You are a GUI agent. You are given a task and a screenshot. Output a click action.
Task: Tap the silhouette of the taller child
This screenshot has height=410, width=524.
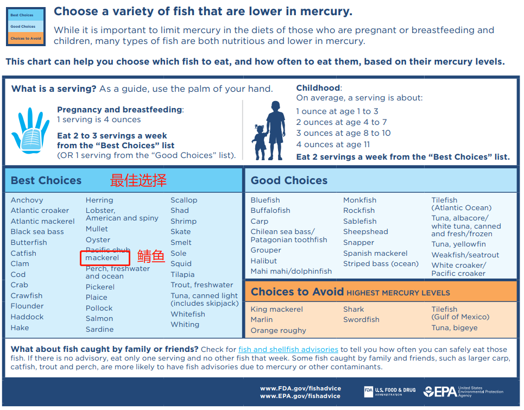(x=276, y=130)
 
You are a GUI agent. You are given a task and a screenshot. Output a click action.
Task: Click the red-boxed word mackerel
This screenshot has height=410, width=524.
(x=102, y=257)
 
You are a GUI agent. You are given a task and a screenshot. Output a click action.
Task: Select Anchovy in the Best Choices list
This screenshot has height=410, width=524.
(x=27, y=200)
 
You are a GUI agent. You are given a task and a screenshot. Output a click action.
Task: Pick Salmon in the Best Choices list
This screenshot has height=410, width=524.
(x=99, y=318)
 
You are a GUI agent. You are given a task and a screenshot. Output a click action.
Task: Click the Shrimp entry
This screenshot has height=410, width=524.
(x=184, y=221)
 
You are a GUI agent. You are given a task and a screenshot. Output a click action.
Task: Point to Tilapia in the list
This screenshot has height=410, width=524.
(x=182, y=275)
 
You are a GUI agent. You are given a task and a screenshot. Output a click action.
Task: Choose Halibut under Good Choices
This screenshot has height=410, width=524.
(x=264, y=261)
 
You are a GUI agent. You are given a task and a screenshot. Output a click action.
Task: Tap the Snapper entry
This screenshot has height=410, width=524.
(x=358, y=243)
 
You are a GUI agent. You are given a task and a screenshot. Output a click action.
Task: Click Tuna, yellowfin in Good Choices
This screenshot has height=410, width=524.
(x=458, y=244)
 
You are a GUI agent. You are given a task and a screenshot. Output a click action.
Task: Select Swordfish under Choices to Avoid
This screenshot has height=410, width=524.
(x=361, y=320)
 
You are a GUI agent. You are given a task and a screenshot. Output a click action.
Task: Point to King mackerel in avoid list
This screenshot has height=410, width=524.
(x=277, y=310)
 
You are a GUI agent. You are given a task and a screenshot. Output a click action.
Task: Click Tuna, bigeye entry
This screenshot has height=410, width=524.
(x=454, y=328)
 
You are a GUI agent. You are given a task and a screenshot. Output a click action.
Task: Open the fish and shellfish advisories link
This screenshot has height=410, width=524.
(x=288, y=350)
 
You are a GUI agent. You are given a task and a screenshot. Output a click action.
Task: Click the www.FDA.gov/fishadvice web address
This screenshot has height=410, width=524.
(x=300, y=388)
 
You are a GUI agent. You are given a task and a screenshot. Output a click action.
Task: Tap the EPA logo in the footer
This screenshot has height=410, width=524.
(x=463, y=392)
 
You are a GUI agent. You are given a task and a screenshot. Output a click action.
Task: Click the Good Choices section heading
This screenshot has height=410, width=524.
(x=289, y=180)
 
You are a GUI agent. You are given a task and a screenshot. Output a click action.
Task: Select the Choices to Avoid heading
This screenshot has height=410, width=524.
(x=297, y=292)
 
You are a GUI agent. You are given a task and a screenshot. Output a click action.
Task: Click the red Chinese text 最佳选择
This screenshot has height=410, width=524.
(x=138, y=180)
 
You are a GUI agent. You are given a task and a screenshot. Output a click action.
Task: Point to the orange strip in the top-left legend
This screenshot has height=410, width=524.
(x=26, y=38)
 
